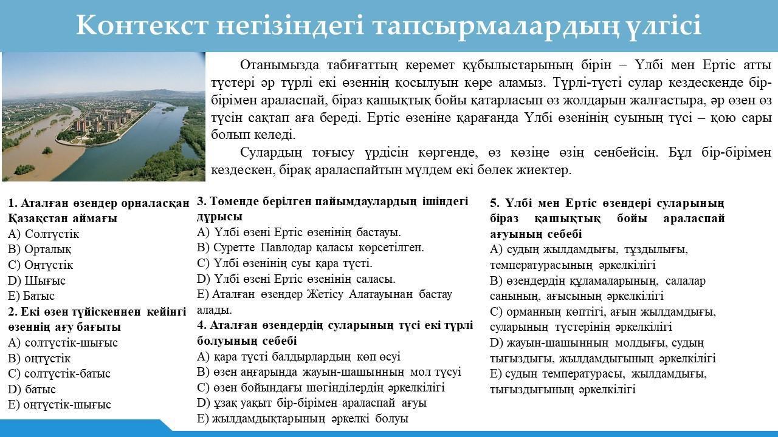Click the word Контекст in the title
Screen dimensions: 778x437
142,25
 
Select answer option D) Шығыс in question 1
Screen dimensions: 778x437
36,280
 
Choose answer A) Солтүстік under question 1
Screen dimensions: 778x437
43,234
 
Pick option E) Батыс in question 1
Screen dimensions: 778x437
31,296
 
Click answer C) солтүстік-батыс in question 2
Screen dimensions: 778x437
59,373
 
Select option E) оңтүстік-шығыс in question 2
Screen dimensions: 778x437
60,404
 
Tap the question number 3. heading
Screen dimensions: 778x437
202,201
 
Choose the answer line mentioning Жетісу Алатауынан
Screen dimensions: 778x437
325,302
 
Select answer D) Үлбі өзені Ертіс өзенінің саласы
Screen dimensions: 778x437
296,279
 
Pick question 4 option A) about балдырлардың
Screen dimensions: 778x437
298,356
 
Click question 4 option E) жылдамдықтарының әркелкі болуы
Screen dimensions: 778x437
302,419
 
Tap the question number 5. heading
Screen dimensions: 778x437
495,203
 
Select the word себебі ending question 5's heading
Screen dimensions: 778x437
565,234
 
